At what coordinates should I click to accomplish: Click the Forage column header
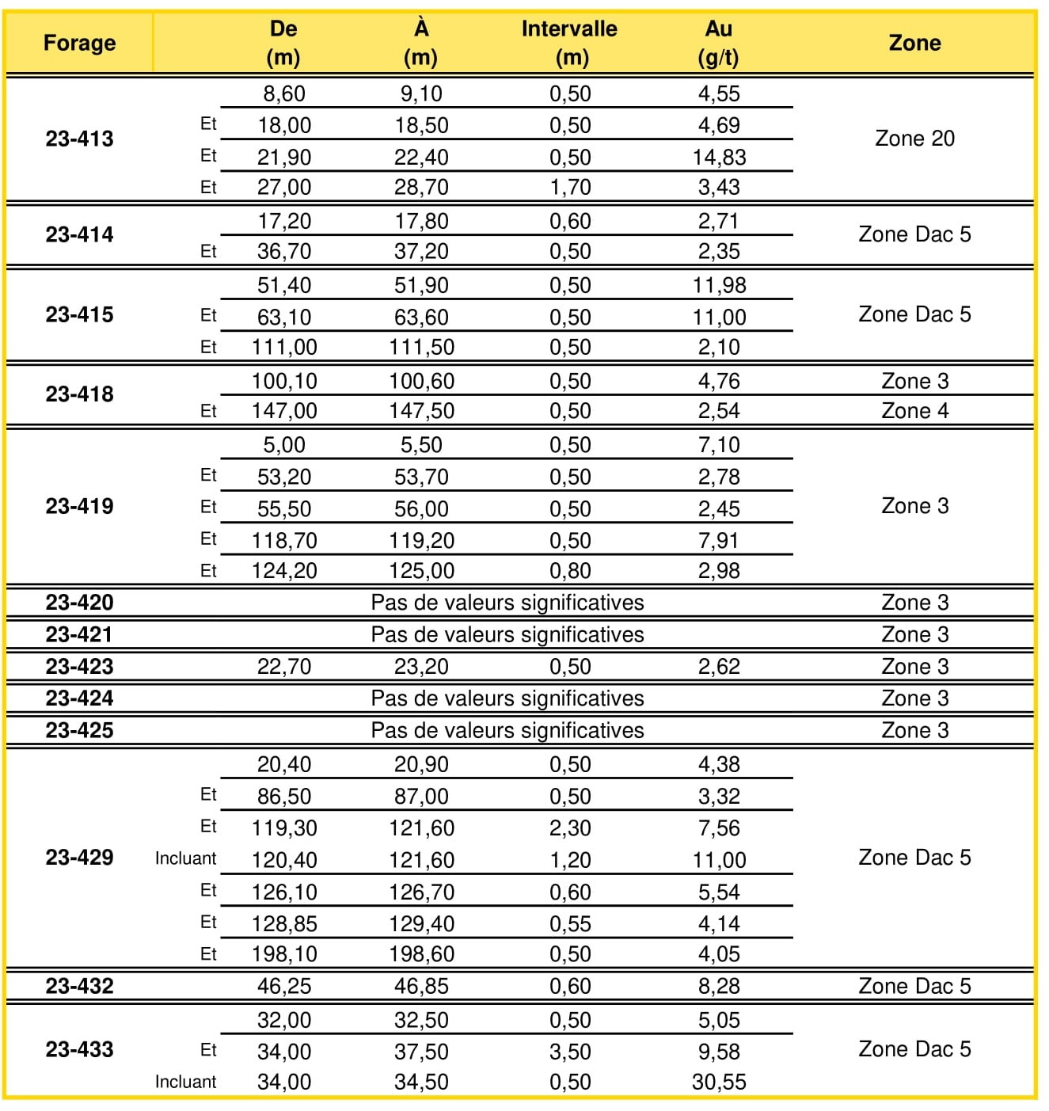79,43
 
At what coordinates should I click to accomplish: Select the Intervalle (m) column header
570,43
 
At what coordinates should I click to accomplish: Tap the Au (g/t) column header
718,43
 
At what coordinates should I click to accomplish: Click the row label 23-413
79,139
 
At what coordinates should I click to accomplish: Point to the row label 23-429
79,858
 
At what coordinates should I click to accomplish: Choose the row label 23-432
79,986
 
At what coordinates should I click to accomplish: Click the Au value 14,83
719,157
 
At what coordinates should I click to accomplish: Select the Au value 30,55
719,1082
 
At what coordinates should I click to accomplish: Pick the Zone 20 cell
914,139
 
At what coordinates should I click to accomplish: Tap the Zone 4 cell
914,411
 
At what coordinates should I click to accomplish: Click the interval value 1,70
570,188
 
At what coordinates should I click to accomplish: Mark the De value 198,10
284,954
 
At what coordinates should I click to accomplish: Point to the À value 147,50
421,411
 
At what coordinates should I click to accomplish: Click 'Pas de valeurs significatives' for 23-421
507,634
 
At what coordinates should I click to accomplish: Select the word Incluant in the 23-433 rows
185,1082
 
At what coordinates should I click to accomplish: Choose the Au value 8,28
719,986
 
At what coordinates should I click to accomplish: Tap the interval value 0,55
570,923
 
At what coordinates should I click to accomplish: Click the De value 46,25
284,986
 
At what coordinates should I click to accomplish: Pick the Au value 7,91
719,541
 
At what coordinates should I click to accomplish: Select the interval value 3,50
570,1052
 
